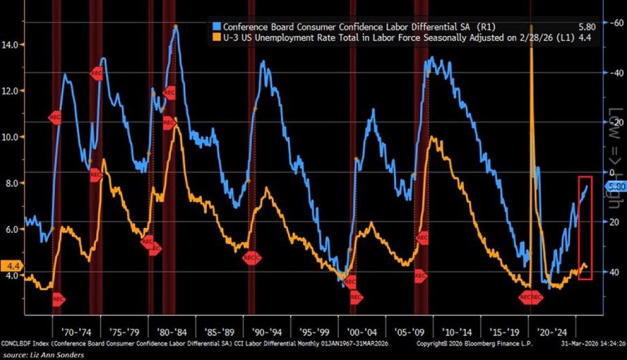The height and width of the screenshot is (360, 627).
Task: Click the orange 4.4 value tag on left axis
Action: [12, 266]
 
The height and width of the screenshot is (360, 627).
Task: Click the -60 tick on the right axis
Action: [614, 23]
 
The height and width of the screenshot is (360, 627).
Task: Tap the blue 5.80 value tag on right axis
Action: [615, 186]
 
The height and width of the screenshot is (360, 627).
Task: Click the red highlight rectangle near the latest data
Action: [585, 228]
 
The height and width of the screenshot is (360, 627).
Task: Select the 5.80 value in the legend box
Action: [584, 27]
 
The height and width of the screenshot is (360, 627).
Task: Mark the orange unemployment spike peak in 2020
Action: [531, 27]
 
